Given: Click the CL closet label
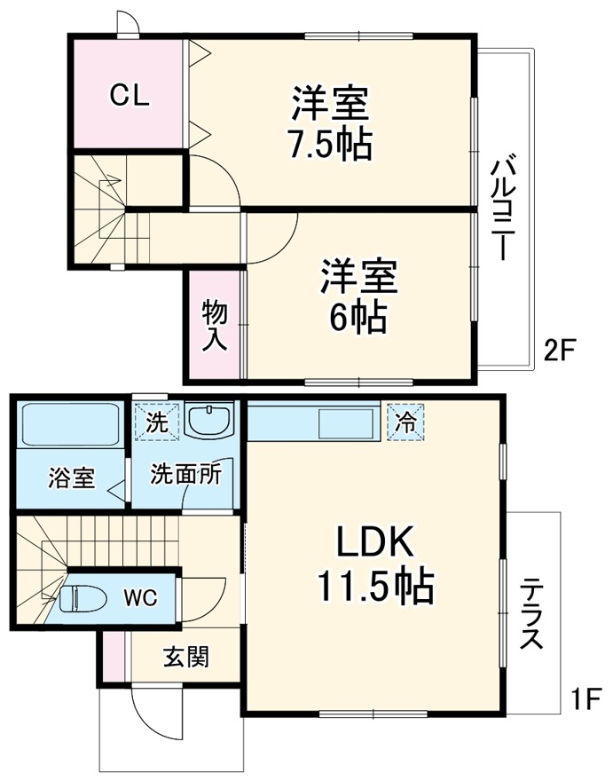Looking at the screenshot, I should (x=128, y=96).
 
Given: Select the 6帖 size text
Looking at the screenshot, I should (x=358, y=316).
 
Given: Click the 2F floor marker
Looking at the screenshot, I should (x=560, y=351).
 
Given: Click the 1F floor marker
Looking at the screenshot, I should (x=585, y=700).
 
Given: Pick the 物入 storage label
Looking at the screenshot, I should (x=215, y=325).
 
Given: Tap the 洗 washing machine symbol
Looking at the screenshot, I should (x=156, y=422).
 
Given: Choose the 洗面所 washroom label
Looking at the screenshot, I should (x=185, y=473).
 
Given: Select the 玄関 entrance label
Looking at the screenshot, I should (x=185, y=658).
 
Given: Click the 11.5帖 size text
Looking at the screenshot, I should (x=374, y=586).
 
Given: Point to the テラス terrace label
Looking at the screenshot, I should (x=533, y=612).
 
